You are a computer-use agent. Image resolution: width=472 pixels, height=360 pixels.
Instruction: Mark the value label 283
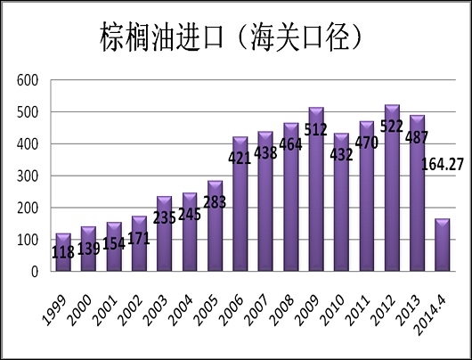215,203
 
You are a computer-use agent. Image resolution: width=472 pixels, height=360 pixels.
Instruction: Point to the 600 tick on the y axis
28,80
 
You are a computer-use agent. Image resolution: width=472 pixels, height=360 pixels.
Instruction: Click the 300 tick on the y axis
28,176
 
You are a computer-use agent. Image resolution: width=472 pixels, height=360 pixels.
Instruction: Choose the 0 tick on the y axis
37,272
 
